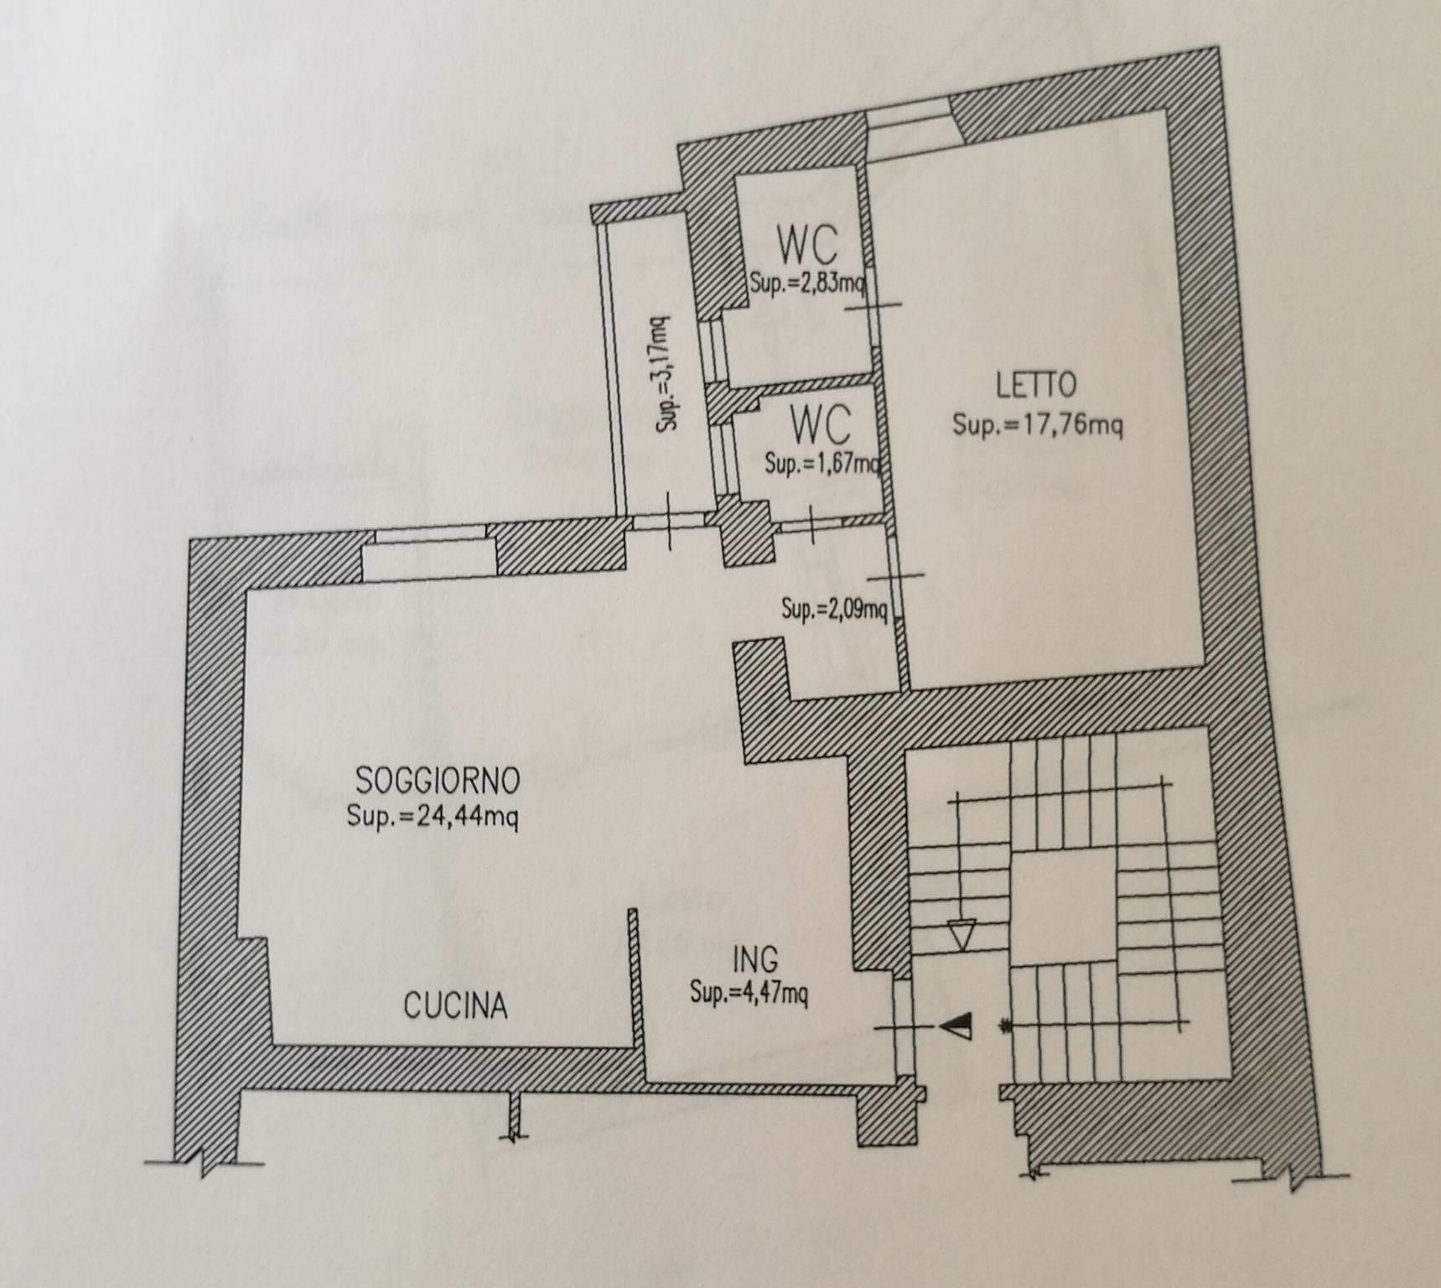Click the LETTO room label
coord(1036,385)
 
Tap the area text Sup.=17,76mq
coord(1037,425)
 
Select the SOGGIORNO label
coord(438,781)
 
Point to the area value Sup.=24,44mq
coord(433,815)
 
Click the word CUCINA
coord(455,1005)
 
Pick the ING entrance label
coord(754,958)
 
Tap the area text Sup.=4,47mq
coord(749,994)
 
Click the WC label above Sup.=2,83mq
coord(806,246)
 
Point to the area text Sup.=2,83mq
coord(807,281)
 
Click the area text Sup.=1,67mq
coord(823,463)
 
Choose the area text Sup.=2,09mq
coord(834,608)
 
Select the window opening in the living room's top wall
coord(430,553)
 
